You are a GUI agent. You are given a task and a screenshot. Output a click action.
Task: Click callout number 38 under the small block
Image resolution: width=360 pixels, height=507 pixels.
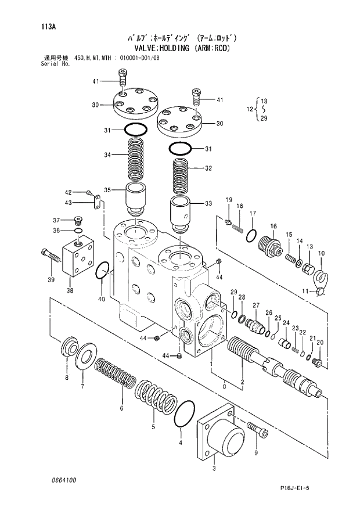tap(70, 291)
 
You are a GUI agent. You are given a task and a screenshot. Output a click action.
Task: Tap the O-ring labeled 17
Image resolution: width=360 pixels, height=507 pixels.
tap(250, 235)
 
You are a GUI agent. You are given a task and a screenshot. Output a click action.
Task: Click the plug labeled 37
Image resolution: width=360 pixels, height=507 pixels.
tap(80, 221)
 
